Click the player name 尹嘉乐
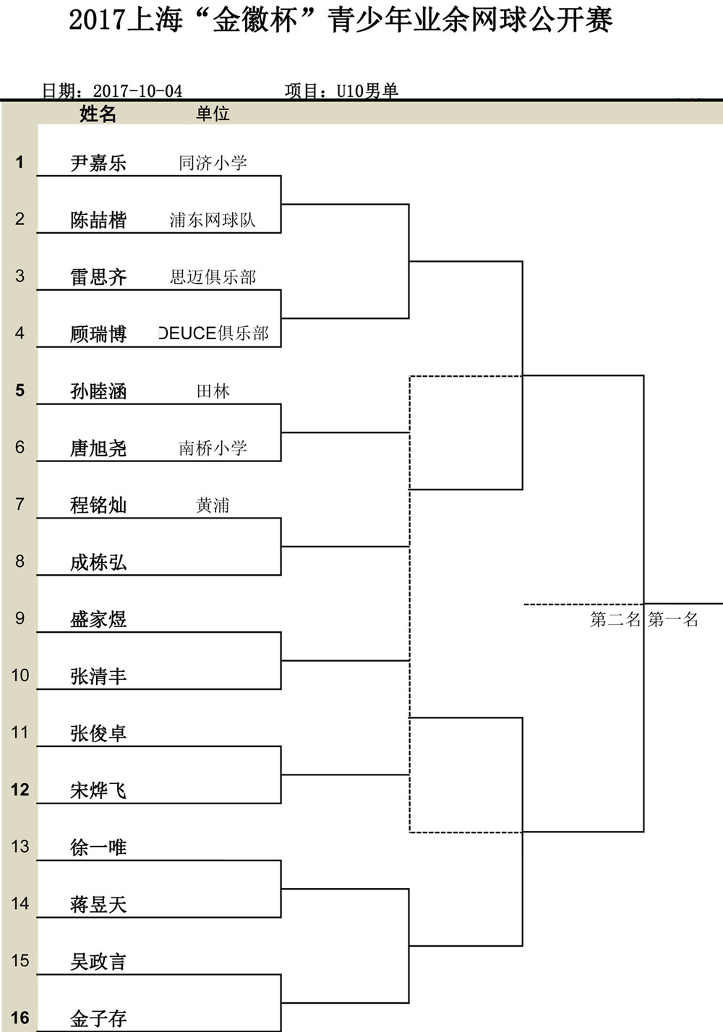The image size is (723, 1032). pyautogui.click(x=98, y=163)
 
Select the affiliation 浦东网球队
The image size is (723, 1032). pyautogui.click(x=213, y=220)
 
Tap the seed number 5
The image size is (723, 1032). pyautogui.click(x=20, y=391)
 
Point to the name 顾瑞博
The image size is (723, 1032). pyautogui.click(x=98, y=334)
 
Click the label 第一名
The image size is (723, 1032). pyautogui.click(x=673, y=619)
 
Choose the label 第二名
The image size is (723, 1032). pyautogui.click(x=615, y=619)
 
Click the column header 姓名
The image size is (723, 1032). pyautogui.click(x=98, y=114)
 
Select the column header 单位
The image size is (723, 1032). pyautogui.click(x=213, y=114)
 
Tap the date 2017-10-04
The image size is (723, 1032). pyautogui.click(x=137, y=90)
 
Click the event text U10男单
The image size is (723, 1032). pyautogui.click(x=367, y=90)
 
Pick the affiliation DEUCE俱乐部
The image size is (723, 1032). pyautogui.click(x=214, y=333)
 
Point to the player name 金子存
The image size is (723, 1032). pyautogui.click(x=98, y=1018)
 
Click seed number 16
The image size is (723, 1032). pyautogui.click(x=20, y=1018)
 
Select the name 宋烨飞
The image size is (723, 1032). pyautogui.click(x=98, y=790)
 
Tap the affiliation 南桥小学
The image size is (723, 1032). pyautogui.click(x=213, y=448)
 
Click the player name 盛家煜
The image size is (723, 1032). pyautogui.click(x=98, y=619)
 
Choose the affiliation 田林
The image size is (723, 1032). pyautogui.click(x=213, y=391)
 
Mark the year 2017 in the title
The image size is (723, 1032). pyautogui.click(x=97, y=20)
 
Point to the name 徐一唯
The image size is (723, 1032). pyautogui.click(x=98, y=848)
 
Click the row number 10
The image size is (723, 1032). pyautogui.click(x=20, y=675)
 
